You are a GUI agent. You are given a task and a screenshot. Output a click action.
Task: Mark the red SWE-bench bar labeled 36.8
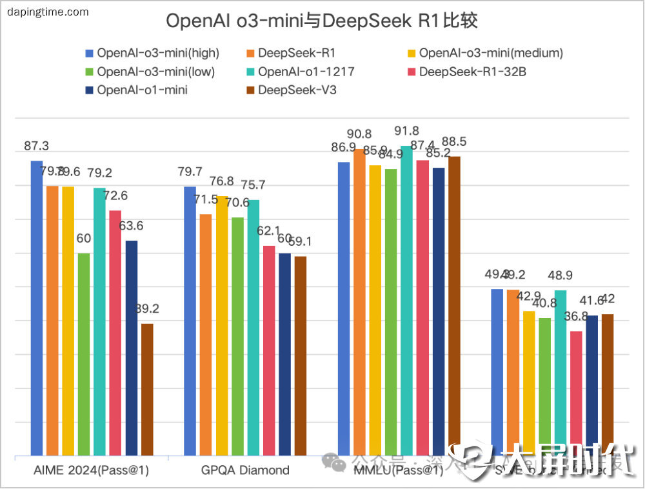coord(576,387)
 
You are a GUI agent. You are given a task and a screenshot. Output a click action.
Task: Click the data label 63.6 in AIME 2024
coord(131,226)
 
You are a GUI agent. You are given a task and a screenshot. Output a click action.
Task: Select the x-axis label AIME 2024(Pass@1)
coord(92,470)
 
